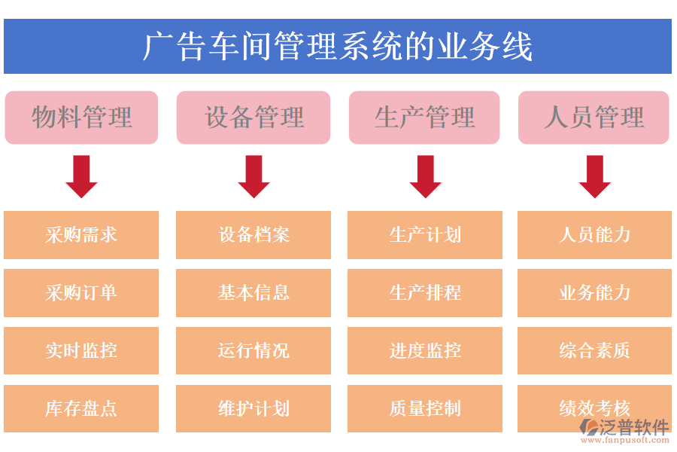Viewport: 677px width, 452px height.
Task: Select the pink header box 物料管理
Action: pos(81,118)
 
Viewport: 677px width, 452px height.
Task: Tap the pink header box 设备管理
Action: pos(253,118)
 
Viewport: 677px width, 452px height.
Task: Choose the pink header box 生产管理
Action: pos(424,118)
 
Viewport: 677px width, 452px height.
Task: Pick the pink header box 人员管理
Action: pos(594,118)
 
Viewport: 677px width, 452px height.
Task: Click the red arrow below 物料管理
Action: pos(81,176)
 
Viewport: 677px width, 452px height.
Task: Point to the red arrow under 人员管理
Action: pos(594,176)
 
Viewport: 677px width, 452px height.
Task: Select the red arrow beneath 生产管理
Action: pos(425,176)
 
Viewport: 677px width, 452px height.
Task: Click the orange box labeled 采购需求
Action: pos(81,234)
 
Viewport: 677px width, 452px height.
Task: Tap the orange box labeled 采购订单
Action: pos(81,292)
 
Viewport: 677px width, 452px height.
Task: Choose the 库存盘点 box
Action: pos(81,408)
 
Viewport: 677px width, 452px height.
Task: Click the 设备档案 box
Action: pos(253,234)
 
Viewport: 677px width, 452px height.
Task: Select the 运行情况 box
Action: pos(253,350)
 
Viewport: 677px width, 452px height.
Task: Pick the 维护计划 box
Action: pos(253,408)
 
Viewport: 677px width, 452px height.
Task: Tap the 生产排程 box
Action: pos(425,292)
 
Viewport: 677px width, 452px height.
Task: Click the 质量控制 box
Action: pos(425,408)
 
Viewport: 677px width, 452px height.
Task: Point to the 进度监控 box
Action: pos(425,350)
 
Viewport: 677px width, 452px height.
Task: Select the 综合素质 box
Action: pos(594,350)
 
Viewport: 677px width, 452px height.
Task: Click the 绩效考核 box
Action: pos(594,408)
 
